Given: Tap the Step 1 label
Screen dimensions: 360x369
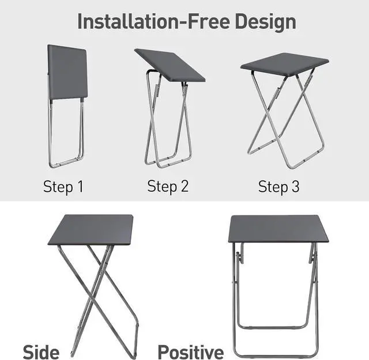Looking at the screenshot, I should pos(63,187).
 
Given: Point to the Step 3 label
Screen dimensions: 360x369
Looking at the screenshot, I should pos(278,187).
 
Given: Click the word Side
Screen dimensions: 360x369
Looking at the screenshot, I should pos(40,351).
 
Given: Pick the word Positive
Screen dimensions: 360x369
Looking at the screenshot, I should pos(190,351).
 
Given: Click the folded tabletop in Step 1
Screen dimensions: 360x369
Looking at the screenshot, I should pos(67,71).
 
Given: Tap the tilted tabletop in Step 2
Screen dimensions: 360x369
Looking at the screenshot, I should pos(170,65).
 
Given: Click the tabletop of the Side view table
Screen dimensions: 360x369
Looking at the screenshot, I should pos(91,229).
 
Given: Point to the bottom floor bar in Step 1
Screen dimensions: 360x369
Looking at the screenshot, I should pos(65,164).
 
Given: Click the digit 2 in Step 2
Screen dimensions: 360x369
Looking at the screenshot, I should pos(184,186).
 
